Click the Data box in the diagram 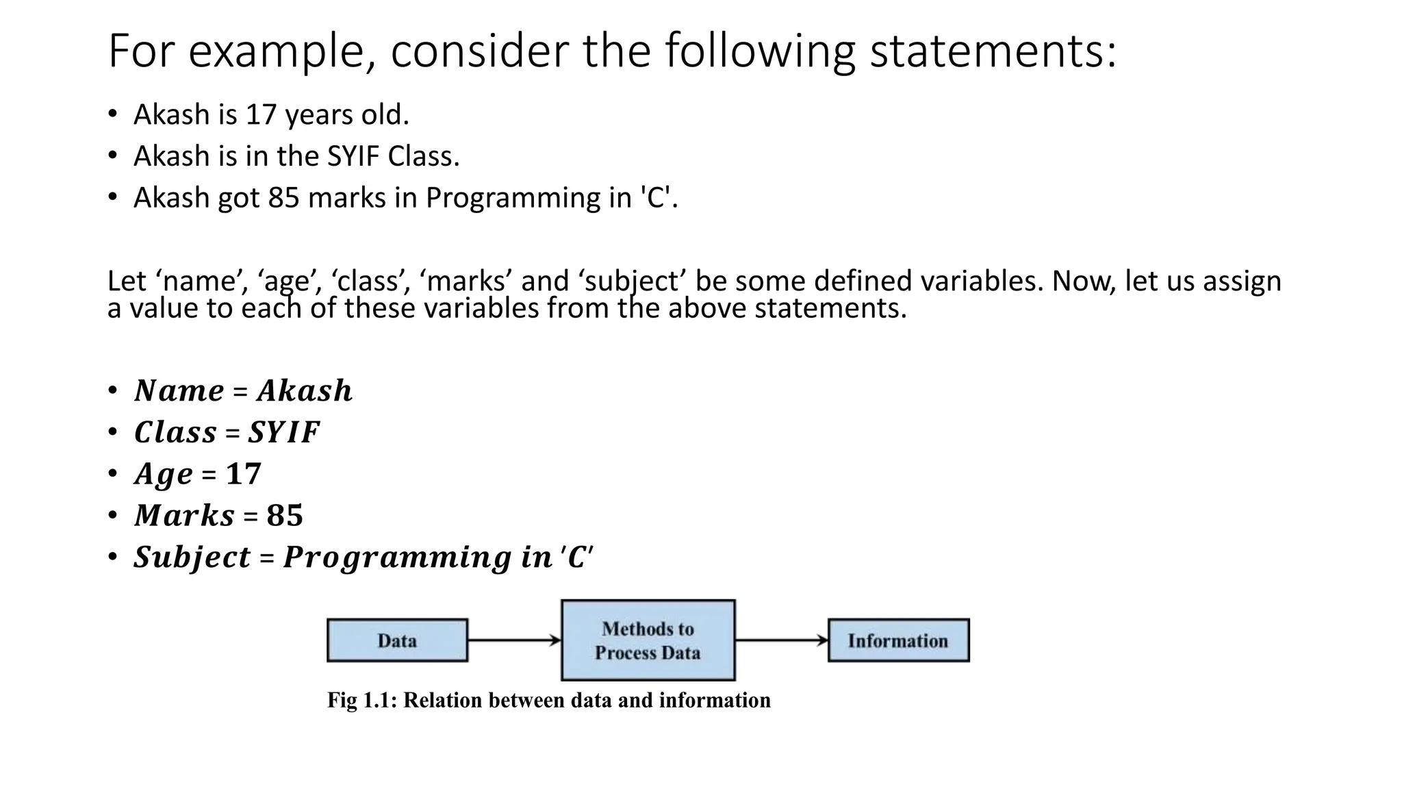[x=397, y=640]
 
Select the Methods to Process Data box [x=648, y=640]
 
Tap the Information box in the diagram [x=898, y=640]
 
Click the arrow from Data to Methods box [x=514, y=640]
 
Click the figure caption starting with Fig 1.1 [x=548, y=700]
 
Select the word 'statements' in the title [x=993, y=51]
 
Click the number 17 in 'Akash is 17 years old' [x=261, y=114]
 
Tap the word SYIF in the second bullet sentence [x=353, y=156]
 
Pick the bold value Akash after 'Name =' [x=305, y=391]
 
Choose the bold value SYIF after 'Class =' [x=283, y=432]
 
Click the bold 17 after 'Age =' [x=244, y=474]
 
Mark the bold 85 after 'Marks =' [x=285, y=516]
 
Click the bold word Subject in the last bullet [x=192, y=557]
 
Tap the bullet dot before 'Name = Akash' [x=112, y=390]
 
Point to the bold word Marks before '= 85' [x=185, y=516]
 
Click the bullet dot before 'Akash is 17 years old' [x=112, y=114]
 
